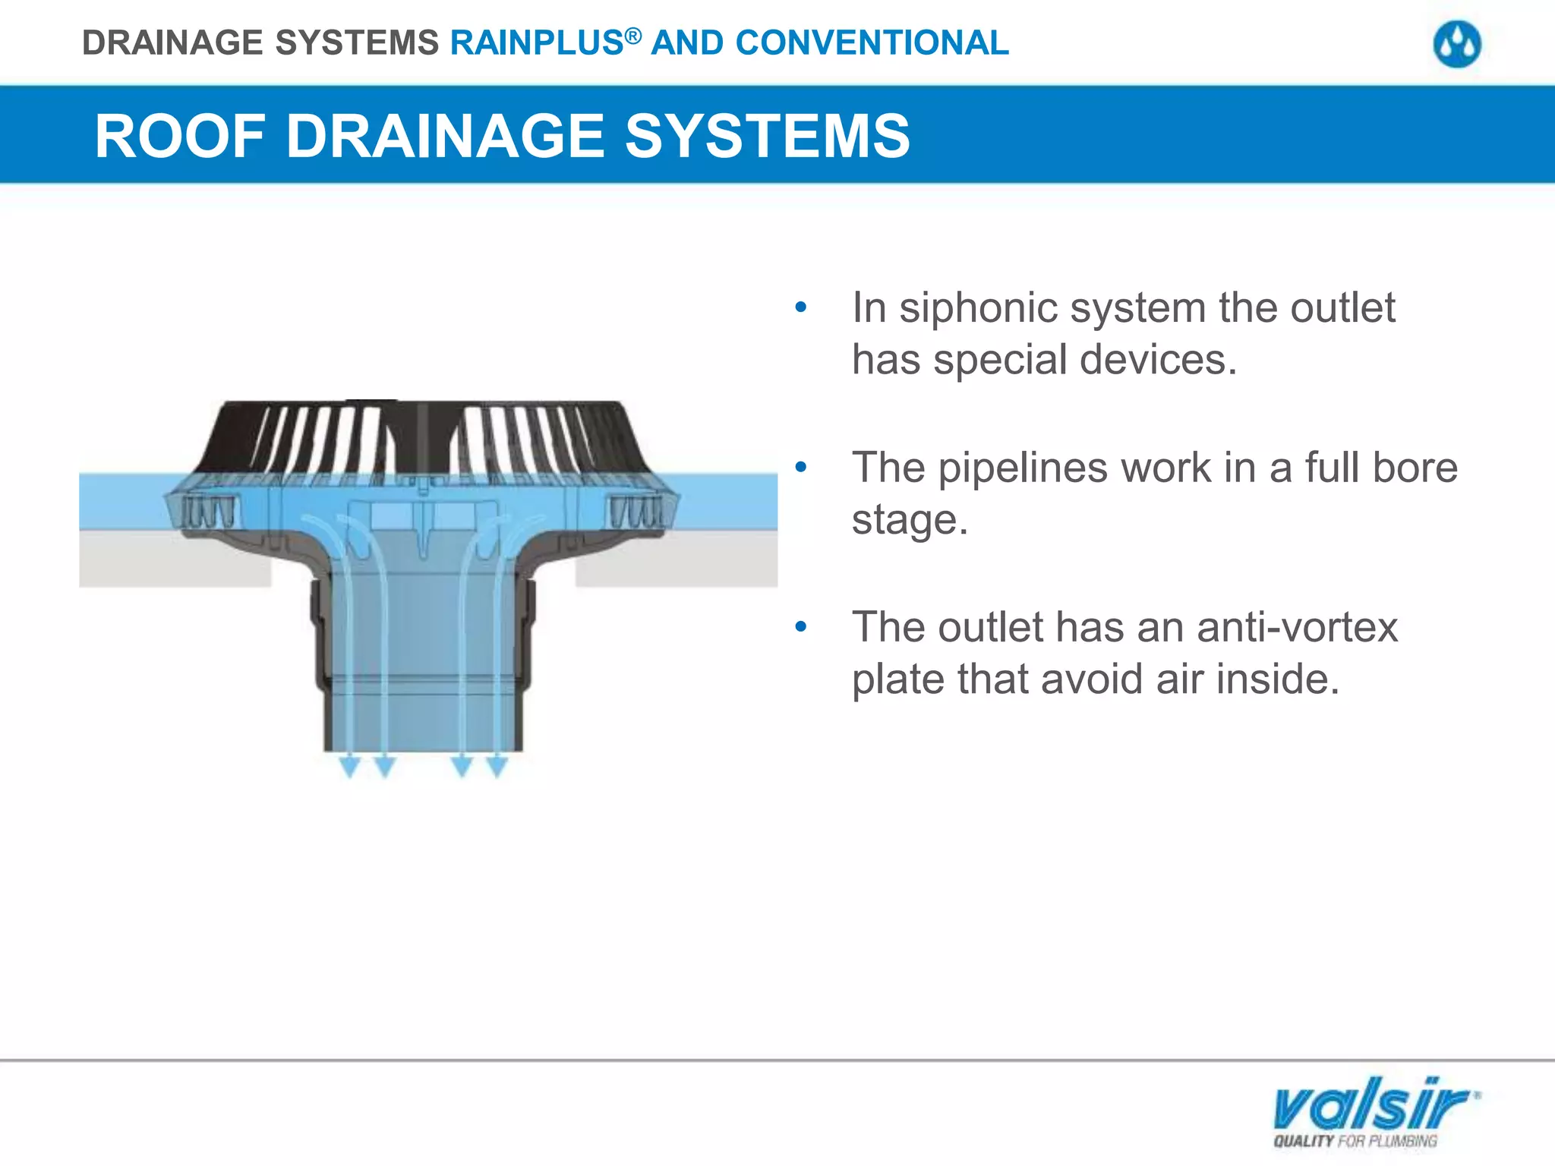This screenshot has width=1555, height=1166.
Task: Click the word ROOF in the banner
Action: pos(179,137)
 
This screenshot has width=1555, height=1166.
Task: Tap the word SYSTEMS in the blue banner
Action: pos(767,137)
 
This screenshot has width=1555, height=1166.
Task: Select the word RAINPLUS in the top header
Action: pos(537,43)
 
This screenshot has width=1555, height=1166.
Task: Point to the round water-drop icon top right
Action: pos(1456,45)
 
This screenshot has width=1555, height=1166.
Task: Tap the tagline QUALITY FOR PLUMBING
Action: pos(1355,1141)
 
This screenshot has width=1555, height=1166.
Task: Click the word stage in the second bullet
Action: pos(908,520)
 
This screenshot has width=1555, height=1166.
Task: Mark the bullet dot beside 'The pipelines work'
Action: pos(800,468)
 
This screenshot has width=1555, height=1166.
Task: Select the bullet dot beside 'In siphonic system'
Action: pos(800,308)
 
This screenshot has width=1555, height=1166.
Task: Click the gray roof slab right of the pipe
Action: pos(676,562)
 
